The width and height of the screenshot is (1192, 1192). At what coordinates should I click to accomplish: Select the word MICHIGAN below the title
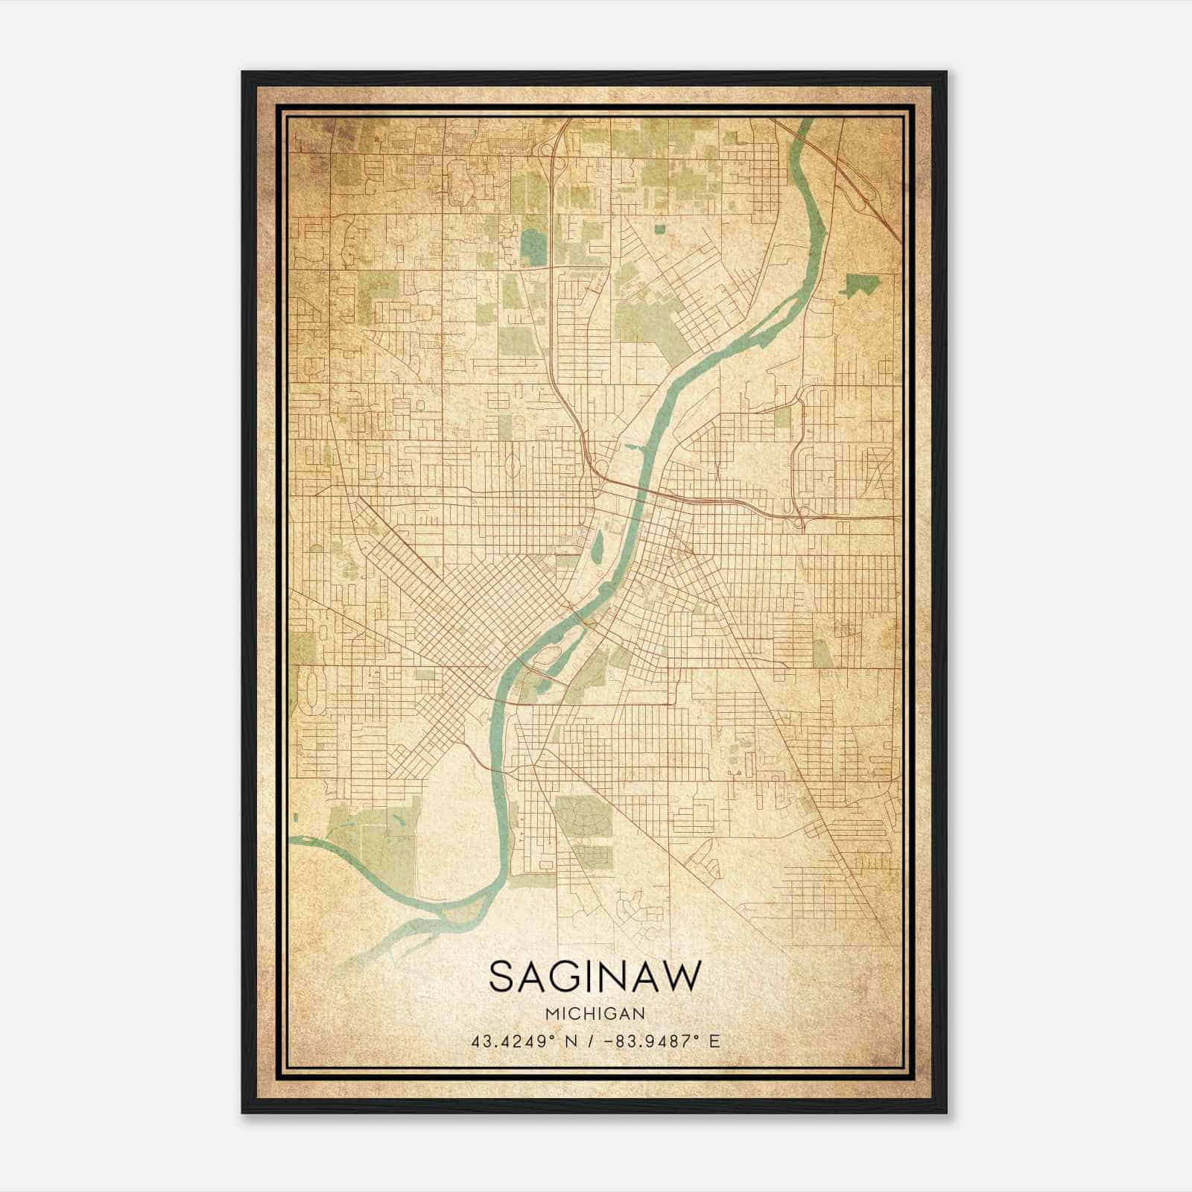(x=595, y=1014)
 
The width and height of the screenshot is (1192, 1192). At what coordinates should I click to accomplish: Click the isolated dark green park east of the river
(x=861, y=284)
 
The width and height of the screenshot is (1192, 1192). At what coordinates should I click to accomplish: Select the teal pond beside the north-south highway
(x=533, y=247)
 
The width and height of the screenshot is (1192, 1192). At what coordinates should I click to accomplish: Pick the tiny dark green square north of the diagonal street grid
(x=660, y=229)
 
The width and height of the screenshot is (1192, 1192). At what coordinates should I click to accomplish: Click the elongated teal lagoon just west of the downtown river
(x=598, y=548)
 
